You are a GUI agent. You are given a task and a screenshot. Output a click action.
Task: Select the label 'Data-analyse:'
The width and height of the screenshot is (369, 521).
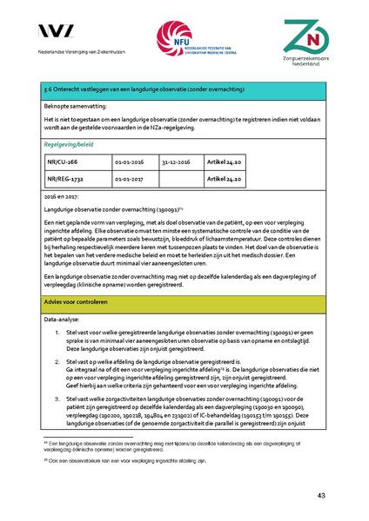coord(62,320)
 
